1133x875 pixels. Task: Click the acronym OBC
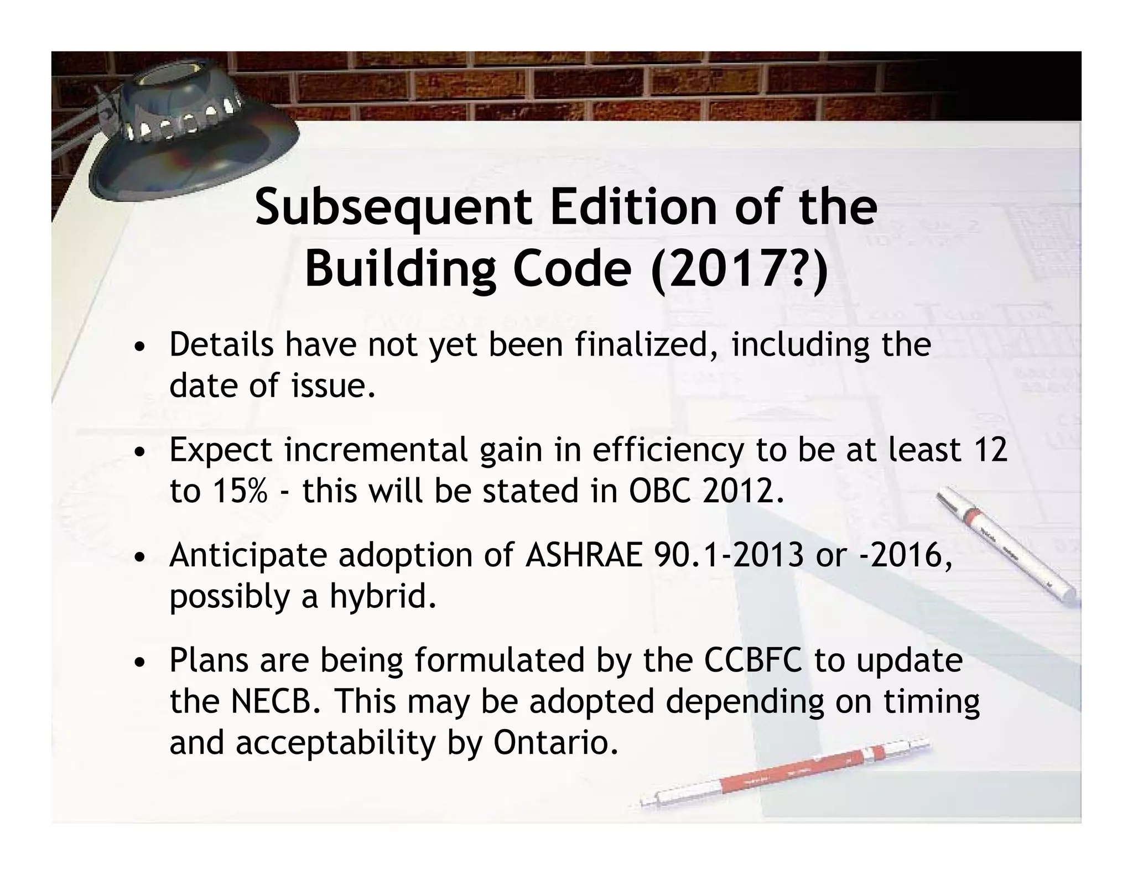pyautogui.click(x=660, y=491)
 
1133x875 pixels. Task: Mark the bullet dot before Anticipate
pyautogui.click(x=142, y=557)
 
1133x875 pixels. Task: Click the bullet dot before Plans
pyautogui.click(x=142, y=662)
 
